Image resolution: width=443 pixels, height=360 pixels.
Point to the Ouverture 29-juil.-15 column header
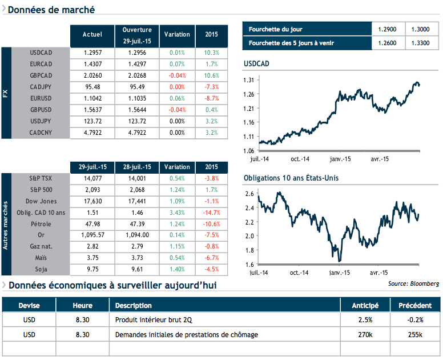(x=137, y=35)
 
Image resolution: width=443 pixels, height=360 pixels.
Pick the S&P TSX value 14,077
(x=92, y=178)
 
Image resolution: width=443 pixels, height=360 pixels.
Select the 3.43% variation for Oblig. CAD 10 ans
(x=177, y=212)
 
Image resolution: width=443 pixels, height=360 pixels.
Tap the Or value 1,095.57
(x=92, y=235)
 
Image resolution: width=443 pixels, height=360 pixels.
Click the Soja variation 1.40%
(x=177, y=269)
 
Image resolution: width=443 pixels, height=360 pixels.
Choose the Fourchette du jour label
(x=276, y=29)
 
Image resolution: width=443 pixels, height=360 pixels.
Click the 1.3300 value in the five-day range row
(x=422, y=43)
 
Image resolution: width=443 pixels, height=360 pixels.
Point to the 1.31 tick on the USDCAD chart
(x=248, y=80)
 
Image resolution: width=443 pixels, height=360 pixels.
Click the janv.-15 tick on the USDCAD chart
(x=340, y=159)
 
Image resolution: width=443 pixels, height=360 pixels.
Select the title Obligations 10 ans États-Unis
(x=291, y=178)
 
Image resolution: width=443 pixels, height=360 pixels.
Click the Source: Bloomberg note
(x=413, y=283)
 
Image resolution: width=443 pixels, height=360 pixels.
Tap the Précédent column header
(x=415, y=305)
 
